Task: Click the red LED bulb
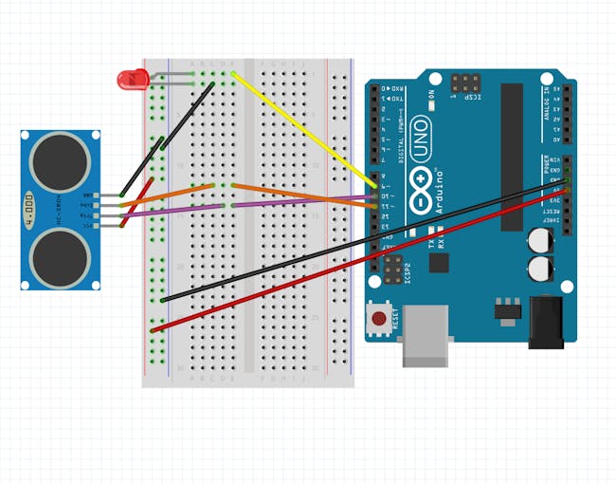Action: [x=131, y=80]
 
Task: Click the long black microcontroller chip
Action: [x=512, y=157]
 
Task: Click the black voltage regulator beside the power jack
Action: [x=508, y=307]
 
